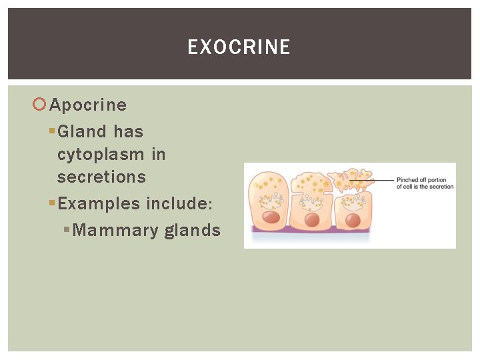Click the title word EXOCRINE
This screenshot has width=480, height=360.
(239, 47)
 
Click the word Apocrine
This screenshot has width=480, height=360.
(88, 105)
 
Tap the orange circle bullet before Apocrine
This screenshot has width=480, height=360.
(39, 105)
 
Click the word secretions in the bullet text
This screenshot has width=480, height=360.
(101, 177)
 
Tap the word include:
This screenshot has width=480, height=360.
(180, 204)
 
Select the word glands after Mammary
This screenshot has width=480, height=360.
(192, 231)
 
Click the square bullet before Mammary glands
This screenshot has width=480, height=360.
(66, 230)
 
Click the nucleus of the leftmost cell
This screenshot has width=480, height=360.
(270, 217)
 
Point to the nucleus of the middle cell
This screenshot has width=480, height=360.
(311, 219)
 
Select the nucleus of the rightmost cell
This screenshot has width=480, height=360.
(352, 219)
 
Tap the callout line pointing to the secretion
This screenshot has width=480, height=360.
(373, 180)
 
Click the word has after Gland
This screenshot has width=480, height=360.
(128, 132)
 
